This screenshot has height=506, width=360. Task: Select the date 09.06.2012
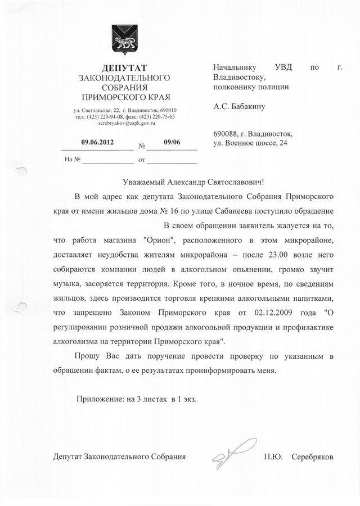click(97, 142)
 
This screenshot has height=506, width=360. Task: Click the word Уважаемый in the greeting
click(147, 182)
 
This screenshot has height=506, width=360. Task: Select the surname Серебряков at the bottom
click(312, 457)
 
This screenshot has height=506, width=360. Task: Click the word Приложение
click(100, 399)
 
